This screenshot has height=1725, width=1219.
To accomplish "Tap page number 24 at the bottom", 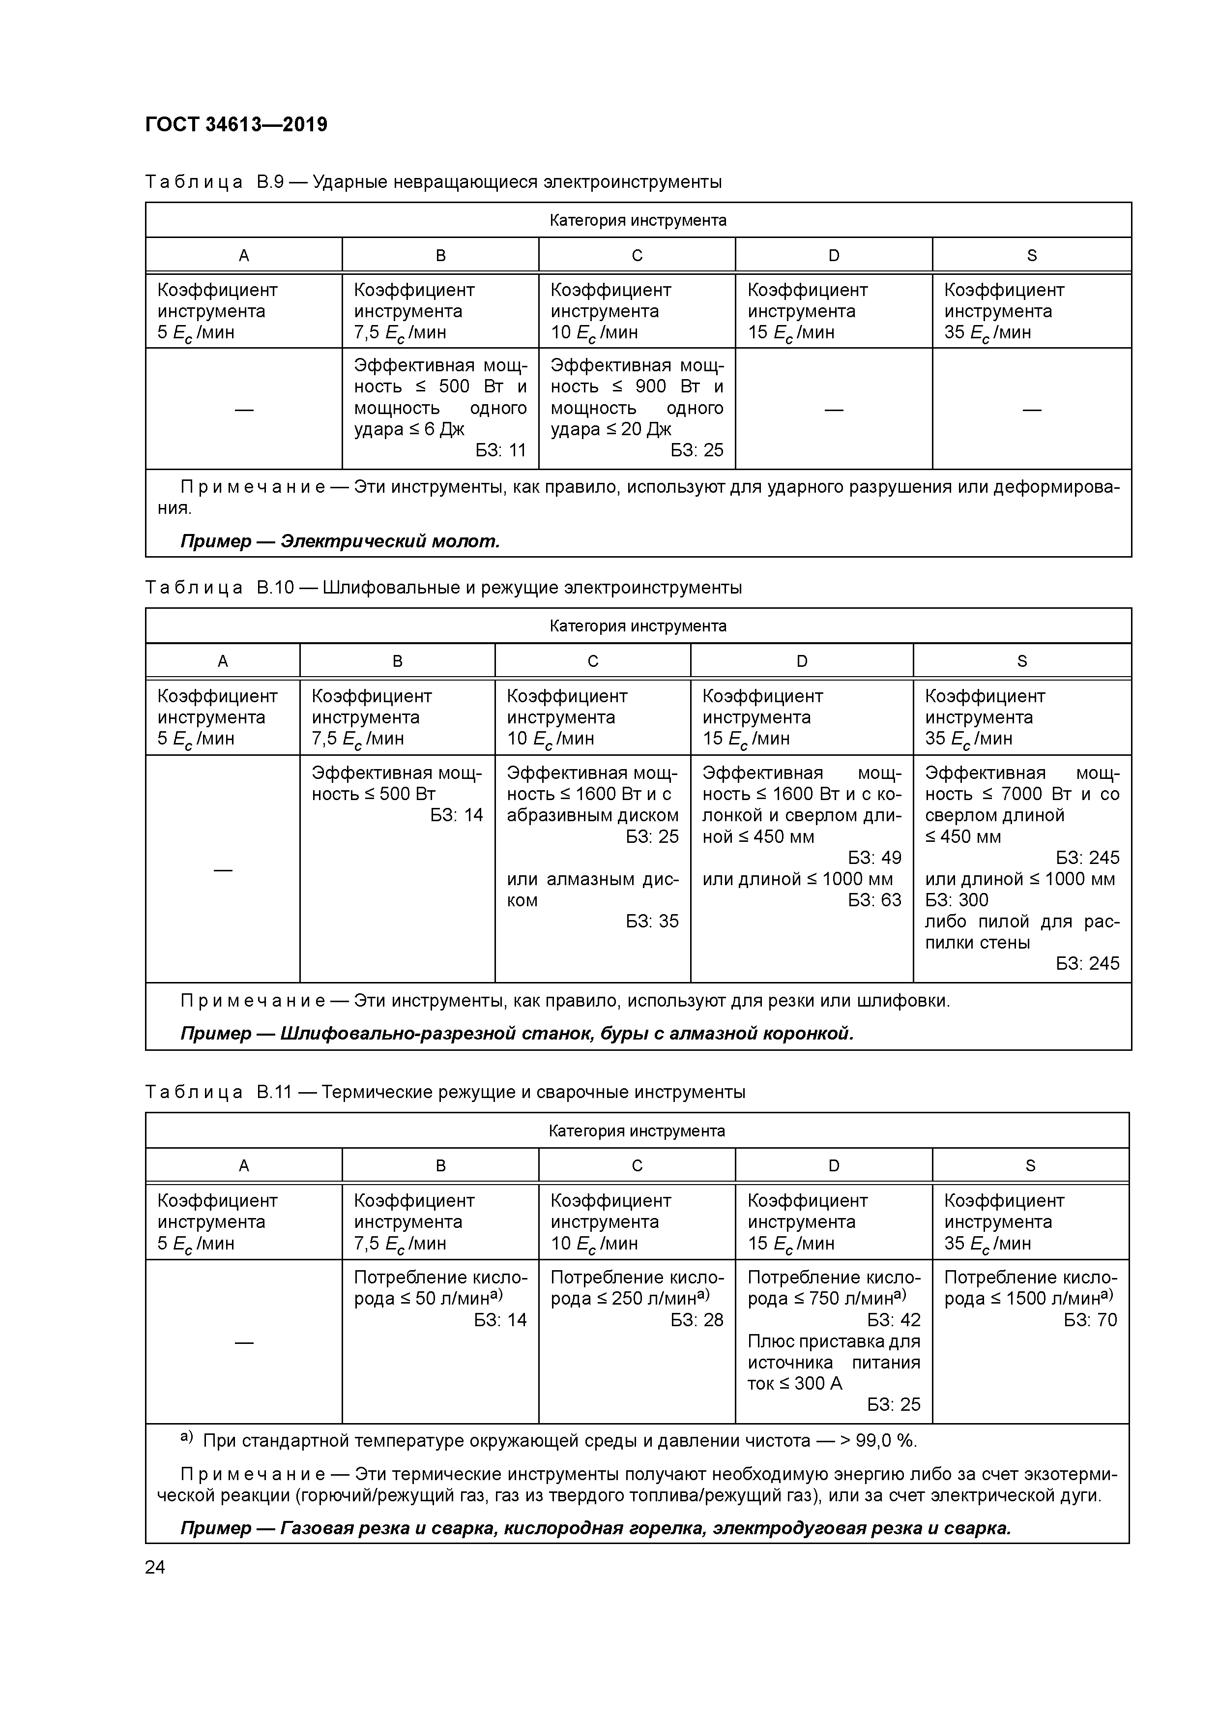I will pyautogui.click(x=155, y=1567).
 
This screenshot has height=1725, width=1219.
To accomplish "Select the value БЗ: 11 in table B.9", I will pyautogui.click(x=501, y=450).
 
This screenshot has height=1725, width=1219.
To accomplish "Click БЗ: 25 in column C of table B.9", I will pyautogui.click(x=697, y=450).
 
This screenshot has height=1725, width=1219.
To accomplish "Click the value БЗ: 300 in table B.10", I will pyautogui.click(x=956, y=900).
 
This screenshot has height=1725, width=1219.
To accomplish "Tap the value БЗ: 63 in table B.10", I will pyautogui.click(x=874, y=900).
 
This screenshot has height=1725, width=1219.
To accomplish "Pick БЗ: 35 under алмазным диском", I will pyautogui.click(x=652, y=921).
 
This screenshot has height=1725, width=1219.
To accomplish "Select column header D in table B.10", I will pyautogui.click(x=801, y=661).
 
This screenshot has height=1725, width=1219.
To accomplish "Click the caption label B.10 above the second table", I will pyautogui.click(x=275, y=588).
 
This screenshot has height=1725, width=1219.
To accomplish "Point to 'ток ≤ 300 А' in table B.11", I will pyautogui.click(x=795, y=1383).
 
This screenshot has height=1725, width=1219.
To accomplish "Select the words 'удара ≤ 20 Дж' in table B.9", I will pyautogui.click(x=610, y=429).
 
